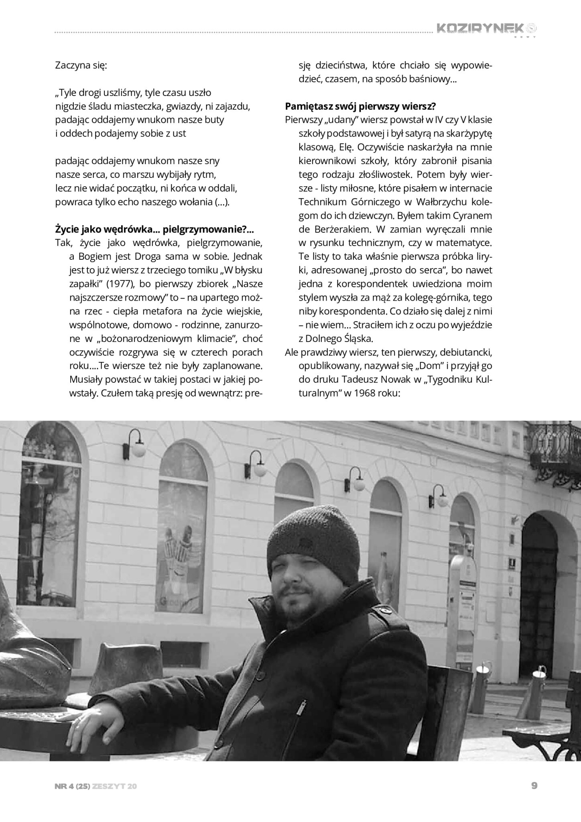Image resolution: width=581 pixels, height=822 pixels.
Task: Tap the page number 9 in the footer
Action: click(534, 786)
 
